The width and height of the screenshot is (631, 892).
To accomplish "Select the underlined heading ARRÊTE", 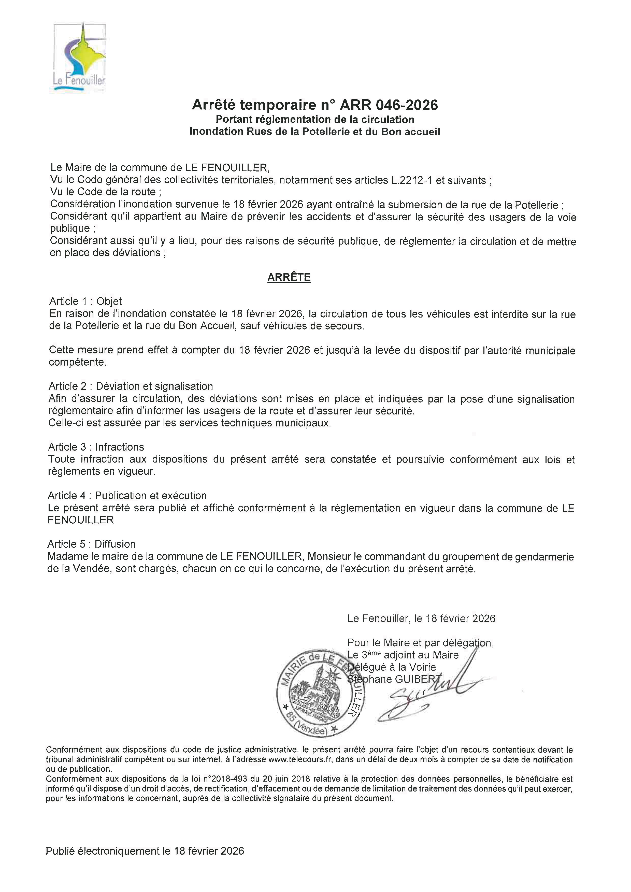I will [x=289, y=277].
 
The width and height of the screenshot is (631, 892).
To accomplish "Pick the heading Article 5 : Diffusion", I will [x=91, y=544].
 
